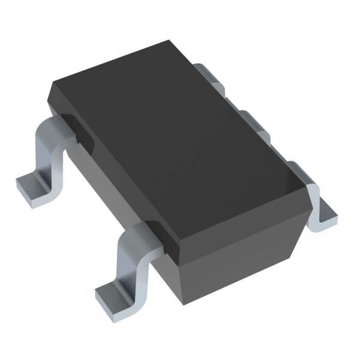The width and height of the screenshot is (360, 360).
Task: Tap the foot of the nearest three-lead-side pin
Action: [x=324, y=213]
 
